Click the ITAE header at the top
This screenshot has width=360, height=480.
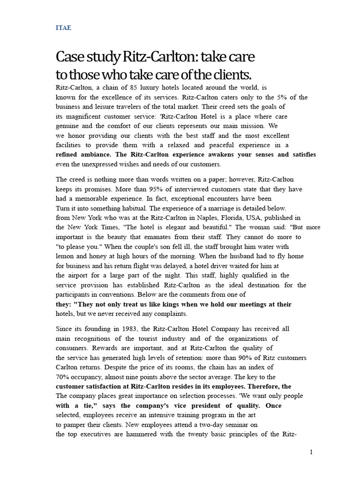pyautogui.click(x=63, y=28)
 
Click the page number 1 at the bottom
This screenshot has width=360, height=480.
pyautogui.click(x=311, y=452)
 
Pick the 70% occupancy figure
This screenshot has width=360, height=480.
pyautogui.click(x=63, y=377)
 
